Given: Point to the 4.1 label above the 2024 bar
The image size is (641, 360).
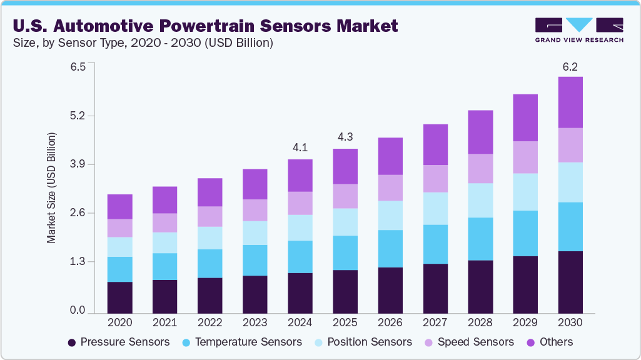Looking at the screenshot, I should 300,147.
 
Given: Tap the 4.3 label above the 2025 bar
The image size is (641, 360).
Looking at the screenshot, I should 345,137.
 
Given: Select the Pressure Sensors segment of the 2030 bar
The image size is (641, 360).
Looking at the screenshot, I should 570,282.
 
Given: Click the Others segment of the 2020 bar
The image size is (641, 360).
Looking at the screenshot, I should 119,206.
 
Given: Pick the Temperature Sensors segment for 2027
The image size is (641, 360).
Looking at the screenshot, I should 435,244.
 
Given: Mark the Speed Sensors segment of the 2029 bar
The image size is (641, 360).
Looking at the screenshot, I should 525,157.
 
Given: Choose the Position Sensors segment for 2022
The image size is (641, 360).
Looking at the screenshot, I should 209,237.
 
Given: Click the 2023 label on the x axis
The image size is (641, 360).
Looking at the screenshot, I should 255,323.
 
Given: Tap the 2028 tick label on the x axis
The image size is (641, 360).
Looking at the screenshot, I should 480,323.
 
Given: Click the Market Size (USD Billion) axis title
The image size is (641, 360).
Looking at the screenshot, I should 51,188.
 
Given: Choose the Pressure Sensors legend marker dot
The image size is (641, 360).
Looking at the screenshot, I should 72,342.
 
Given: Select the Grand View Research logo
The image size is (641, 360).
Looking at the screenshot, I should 579,30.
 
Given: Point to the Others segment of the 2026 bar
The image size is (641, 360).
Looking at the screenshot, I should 390,156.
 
